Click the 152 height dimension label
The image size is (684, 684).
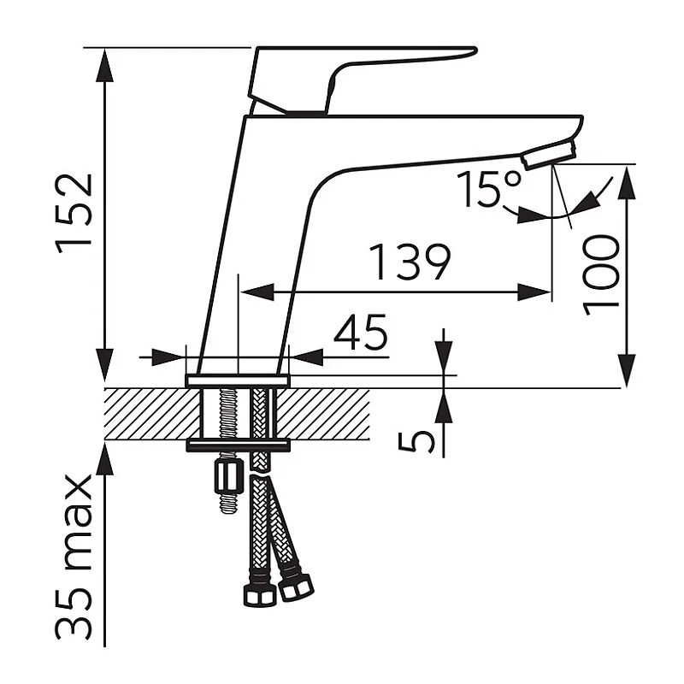[x=74, y=214]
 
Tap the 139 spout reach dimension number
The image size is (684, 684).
[x=410, y=262]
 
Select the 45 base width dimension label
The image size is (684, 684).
[x=361, y=331]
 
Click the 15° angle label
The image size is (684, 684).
[x=488, y=188]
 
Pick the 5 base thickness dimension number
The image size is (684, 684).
[x=416, y=441]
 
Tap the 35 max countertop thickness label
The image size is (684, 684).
[x=74, y=557]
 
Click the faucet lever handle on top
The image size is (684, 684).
[x=362, y=80]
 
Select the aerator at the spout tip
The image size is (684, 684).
[x=550, y=154]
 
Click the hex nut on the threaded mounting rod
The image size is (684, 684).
[x=227, y=477]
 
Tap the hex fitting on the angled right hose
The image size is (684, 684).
[x=295, y=587]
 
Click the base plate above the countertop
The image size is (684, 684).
[x=238, y=380]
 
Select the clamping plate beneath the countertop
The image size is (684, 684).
[x=239, y=445]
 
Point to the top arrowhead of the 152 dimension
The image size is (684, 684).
[x=104, y=65]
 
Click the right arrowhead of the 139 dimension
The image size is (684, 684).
[x=534, y=292]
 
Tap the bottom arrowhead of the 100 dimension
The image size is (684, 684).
[x=627, y=370]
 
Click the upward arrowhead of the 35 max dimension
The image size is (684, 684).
[x=104, y=458]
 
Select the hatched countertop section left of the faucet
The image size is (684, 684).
[x=152, y=414]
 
